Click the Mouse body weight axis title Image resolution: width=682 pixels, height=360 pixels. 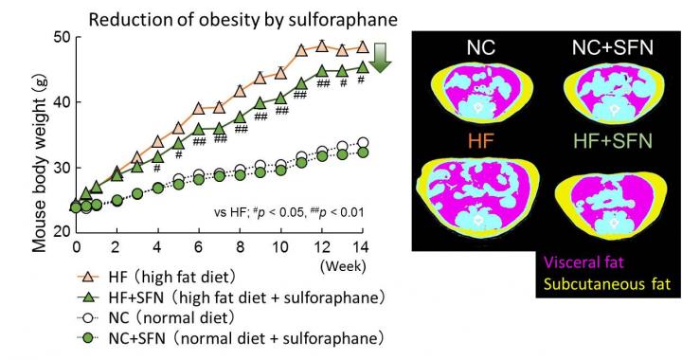[x=40, y=139]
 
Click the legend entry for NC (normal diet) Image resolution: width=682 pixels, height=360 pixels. [x=170, y=318]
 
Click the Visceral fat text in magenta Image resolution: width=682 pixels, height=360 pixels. [x=617, y=263]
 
